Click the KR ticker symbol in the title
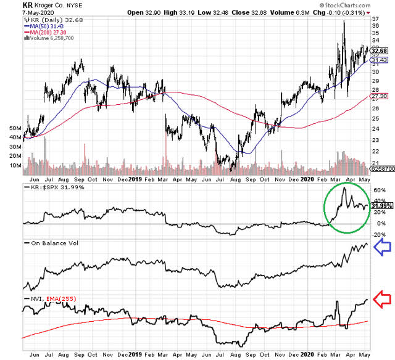(9, 5)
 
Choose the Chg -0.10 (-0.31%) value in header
(342, 13)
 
